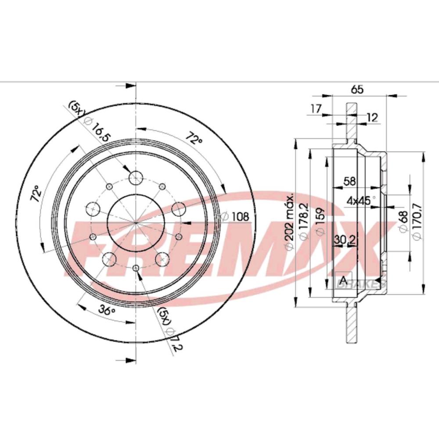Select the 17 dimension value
[x=316, y=108]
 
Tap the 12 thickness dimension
[x=372, y=117]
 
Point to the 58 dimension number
[x=349, y=181]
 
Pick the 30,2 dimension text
[x=345, y=239]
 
